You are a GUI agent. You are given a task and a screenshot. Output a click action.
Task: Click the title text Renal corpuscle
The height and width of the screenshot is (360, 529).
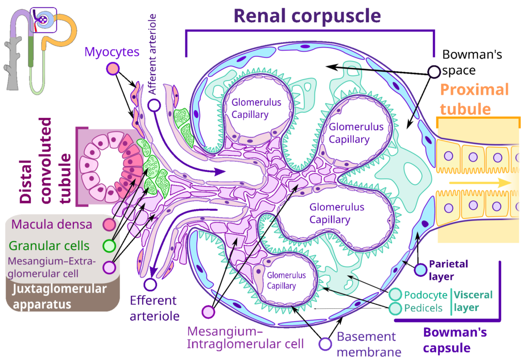[307, 16]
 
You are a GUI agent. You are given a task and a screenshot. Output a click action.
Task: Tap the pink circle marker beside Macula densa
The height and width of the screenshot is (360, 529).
[110, 224]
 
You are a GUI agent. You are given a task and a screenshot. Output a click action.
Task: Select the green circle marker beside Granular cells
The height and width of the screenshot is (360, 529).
[110, 246]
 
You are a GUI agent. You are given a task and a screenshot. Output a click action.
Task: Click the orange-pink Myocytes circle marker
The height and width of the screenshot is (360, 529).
[113, 69]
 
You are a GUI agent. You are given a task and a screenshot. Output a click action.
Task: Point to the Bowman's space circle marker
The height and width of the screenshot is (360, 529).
[434, 71]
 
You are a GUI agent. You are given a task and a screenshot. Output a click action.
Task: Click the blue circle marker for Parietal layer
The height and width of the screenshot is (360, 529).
[421, 270]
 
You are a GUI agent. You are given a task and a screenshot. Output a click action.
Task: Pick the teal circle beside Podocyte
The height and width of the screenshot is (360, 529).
[395, 294]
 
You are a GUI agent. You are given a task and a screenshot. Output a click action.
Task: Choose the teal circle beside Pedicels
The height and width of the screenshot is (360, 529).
[395, 308]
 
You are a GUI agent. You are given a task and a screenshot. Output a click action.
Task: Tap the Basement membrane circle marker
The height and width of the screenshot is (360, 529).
[325, 344]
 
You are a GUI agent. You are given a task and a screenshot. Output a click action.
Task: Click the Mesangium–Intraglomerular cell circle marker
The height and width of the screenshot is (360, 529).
[209, 312]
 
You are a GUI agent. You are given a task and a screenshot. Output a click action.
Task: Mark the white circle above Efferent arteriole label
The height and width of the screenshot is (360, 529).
[150, 285]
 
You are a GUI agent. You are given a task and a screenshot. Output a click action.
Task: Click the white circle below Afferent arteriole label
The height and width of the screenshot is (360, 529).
[154, 105]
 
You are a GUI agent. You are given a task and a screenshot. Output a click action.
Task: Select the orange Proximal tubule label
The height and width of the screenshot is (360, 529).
[474, 99]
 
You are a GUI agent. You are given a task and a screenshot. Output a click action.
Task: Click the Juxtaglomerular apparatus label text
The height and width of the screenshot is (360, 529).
[60, 296]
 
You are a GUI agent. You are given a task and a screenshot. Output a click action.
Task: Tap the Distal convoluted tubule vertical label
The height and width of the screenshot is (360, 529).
[45, 161]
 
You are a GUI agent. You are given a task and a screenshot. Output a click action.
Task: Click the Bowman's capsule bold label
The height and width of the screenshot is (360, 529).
[455, 340]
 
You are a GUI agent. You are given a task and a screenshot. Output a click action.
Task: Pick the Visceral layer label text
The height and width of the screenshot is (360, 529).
[473, 301]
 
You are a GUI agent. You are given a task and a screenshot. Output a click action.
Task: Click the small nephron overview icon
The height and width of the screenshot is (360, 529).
[40, 51]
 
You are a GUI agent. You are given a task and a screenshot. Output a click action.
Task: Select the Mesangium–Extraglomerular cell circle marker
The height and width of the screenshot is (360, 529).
[110, 267]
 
